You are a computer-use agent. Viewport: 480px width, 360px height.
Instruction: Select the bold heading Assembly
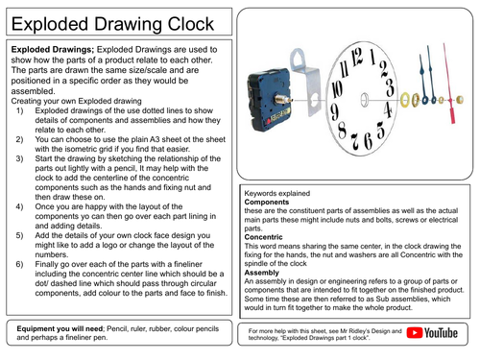pos(268,273)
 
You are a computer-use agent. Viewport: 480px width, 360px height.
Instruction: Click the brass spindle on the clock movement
pos(288,99)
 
